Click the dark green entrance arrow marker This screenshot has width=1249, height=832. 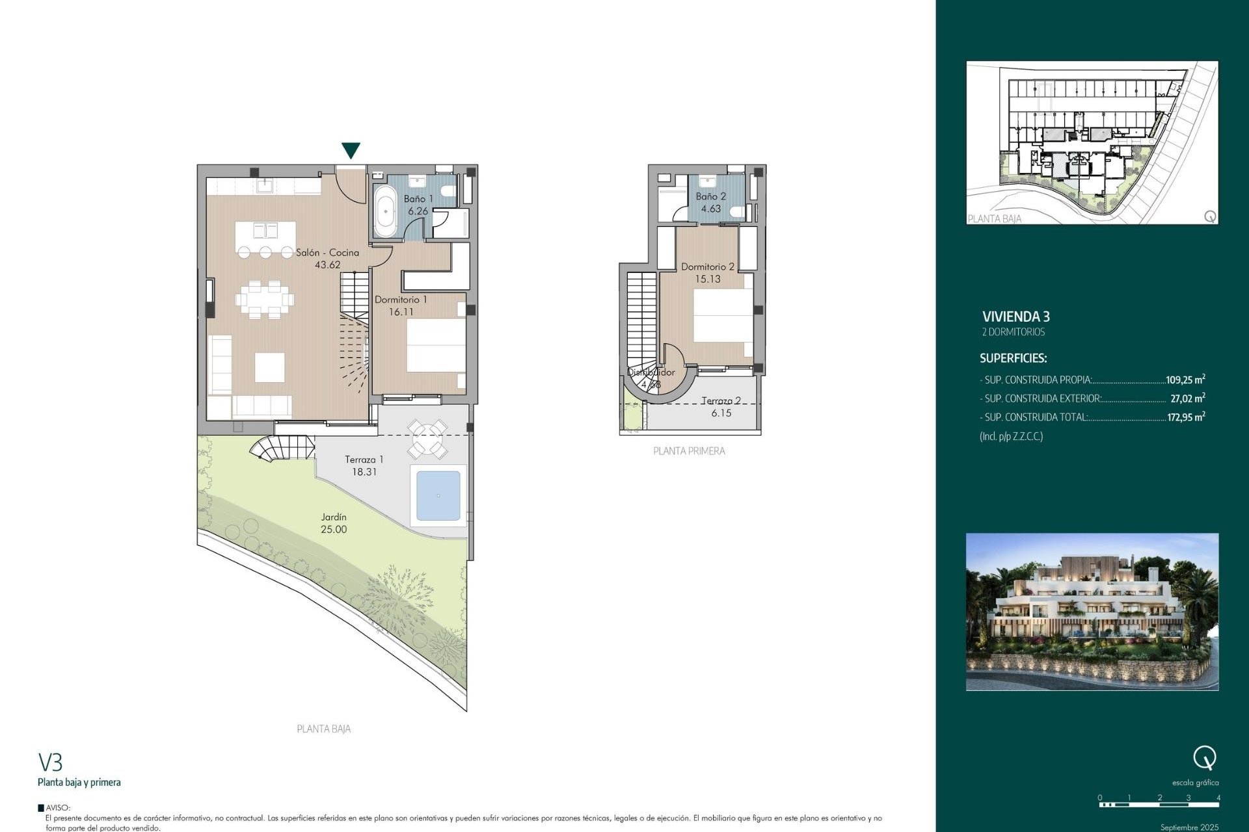[351, 151]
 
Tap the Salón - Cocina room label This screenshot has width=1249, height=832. [327, 253]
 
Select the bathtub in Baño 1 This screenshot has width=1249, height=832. [385, 211]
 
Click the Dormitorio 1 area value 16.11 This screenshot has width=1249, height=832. [401, 312]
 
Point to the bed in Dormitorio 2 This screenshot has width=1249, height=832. [722, 316]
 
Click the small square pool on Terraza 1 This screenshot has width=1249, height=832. [438, 496]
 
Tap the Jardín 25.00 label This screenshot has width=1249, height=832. [334, 523]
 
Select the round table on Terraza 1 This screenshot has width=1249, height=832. [427, 439]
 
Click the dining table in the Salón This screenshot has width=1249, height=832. [265, 300]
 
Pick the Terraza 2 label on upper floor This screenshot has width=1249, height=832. [721, 401]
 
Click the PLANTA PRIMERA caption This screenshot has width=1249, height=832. [689, 451]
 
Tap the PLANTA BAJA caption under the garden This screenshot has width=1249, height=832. [323, 729]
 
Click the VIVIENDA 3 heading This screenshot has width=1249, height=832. [1015, 317]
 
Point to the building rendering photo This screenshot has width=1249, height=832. [1092, 612]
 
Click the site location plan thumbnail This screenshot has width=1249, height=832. [1092, 143]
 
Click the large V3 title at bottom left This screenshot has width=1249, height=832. [50, 762]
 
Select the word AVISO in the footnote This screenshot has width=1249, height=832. [57, 808]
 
